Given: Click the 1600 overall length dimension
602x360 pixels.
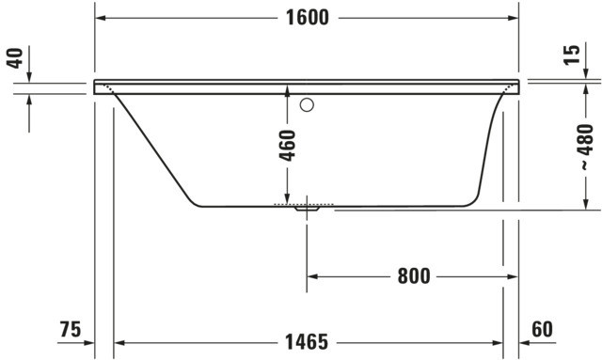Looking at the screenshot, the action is pos(308,18).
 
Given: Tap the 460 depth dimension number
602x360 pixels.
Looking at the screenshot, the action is pos(288,146).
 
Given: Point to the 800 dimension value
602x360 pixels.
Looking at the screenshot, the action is pos(414,276).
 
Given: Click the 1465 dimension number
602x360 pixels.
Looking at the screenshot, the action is pos(307,342).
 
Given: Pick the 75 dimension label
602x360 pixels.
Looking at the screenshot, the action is pos(71,329).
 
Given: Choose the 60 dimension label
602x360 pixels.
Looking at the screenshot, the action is pos(542,329).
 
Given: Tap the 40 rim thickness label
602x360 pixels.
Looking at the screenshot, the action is pos(15,58).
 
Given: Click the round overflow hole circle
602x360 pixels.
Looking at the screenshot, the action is pos(307,104).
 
